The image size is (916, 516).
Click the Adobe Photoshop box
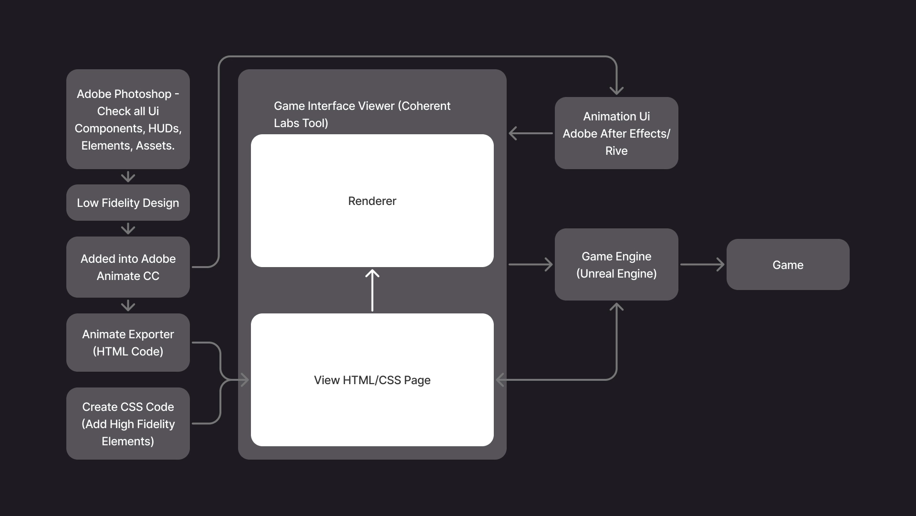point(128,119)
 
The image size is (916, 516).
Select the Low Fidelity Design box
point(128,203)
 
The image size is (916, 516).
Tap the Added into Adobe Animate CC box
point(128,267)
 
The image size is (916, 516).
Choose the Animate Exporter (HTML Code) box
point(128,343)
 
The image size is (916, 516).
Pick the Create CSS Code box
point(128,423)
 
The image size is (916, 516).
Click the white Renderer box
point(372,201)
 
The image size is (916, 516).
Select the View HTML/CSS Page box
point(372,380)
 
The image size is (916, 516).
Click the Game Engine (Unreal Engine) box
point(616,264)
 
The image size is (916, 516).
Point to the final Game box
point(788,264)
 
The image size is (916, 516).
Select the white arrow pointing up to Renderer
point(372,290)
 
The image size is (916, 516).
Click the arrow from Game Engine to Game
point(702,264)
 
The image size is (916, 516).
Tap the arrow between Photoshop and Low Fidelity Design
point(128,177)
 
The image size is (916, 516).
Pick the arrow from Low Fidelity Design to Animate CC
point(128,228)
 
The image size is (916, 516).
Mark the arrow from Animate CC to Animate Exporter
point(128,305)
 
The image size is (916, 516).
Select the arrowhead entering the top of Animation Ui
point(616,90)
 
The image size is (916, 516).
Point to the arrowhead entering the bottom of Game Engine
point(616,307)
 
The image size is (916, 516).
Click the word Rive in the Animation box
point(616,151)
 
